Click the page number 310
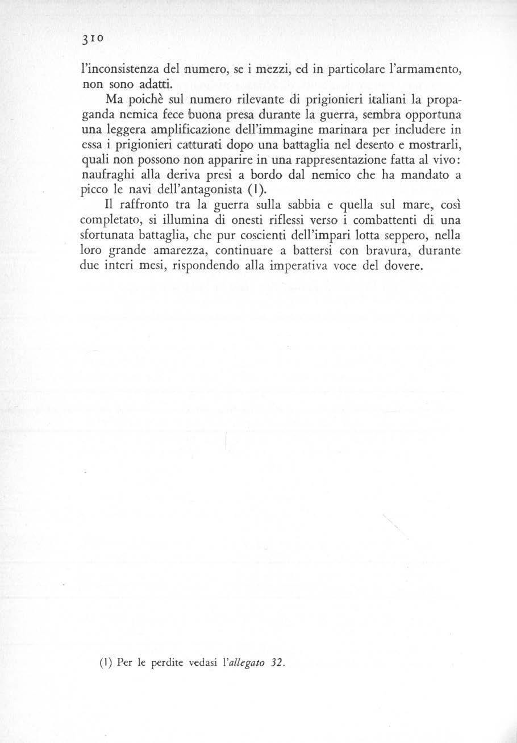tap(92, 41)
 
